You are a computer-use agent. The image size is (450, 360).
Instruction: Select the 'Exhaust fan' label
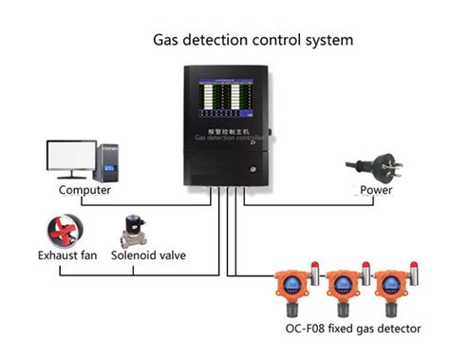point(68,255)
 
